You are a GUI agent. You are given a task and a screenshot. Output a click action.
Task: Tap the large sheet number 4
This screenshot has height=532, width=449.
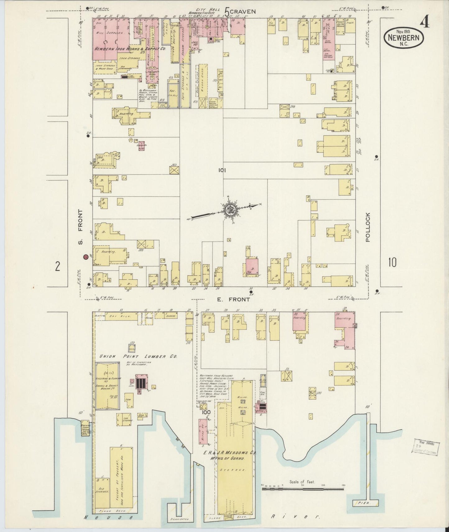tap(425, 21)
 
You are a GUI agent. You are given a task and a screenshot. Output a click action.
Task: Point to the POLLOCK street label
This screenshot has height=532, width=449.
tap(369, 227)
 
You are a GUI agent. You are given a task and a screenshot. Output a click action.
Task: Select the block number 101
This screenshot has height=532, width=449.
tap(222, 170)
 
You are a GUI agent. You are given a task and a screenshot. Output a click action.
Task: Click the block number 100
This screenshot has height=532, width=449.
tap(206, 412)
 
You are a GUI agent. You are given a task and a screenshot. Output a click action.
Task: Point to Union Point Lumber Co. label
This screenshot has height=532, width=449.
tap(138, 356)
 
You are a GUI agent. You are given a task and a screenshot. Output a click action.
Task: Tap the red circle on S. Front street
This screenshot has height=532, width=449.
tap(85, 257)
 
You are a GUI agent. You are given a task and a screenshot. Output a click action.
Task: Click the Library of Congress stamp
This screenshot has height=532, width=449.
tap(425, 448)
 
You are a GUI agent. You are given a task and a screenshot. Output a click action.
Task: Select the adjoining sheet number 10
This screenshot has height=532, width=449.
tap(392, 263)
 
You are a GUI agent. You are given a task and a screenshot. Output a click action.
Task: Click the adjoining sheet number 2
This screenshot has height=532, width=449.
tap(57, 266)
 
